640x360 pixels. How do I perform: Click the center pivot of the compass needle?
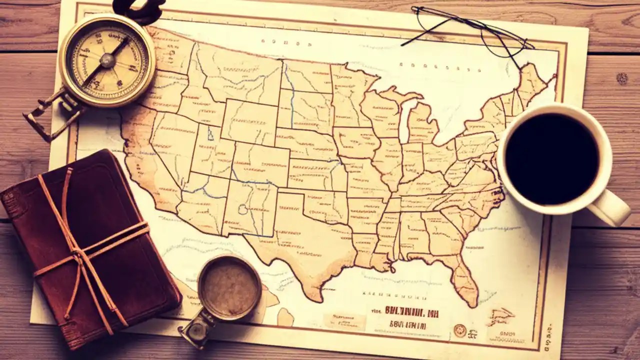point(107,61)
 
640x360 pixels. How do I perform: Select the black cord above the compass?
point(137,7)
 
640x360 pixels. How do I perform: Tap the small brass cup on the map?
point(229,287)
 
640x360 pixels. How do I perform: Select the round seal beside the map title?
point(459,330)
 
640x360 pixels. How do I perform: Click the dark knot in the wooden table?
point(621,78)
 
